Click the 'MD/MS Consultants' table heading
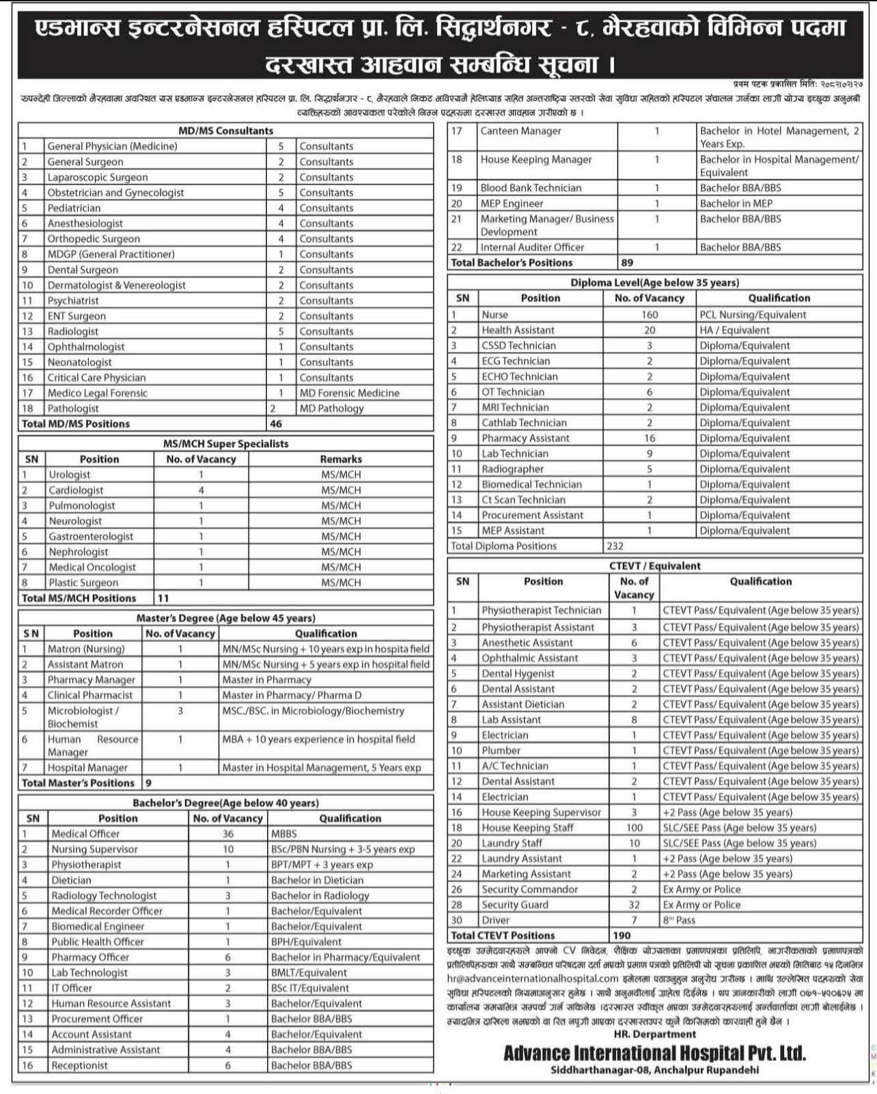tap(225, 130)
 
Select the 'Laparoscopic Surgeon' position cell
tap(87, 177)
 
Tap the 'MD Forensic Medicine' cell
tap(349, 393)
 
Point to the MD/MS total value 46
tap(276, 423)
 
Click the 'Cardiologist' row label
tap(76, 490)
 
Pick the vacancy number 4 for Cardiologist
tap(201, 490)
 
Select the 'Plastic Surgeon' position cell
tap(83, 583)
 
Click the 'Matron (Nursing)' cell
tap(86, 649)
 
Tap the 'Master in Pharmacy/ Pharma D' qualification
tap(290, 695)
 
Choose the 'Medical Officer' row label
tap(85, 834)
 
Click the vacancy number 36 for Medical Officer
tap(228, 834)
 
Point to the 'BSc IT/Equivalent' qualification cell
tap(310, 988)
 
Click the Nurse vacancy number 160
tap(650, 315)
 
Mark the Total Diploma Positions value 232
tap(615, 546)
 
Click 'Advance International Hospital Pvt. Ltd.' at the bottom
tap(654, 1053)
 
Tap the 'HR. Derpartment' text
tap(654, 1035)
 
